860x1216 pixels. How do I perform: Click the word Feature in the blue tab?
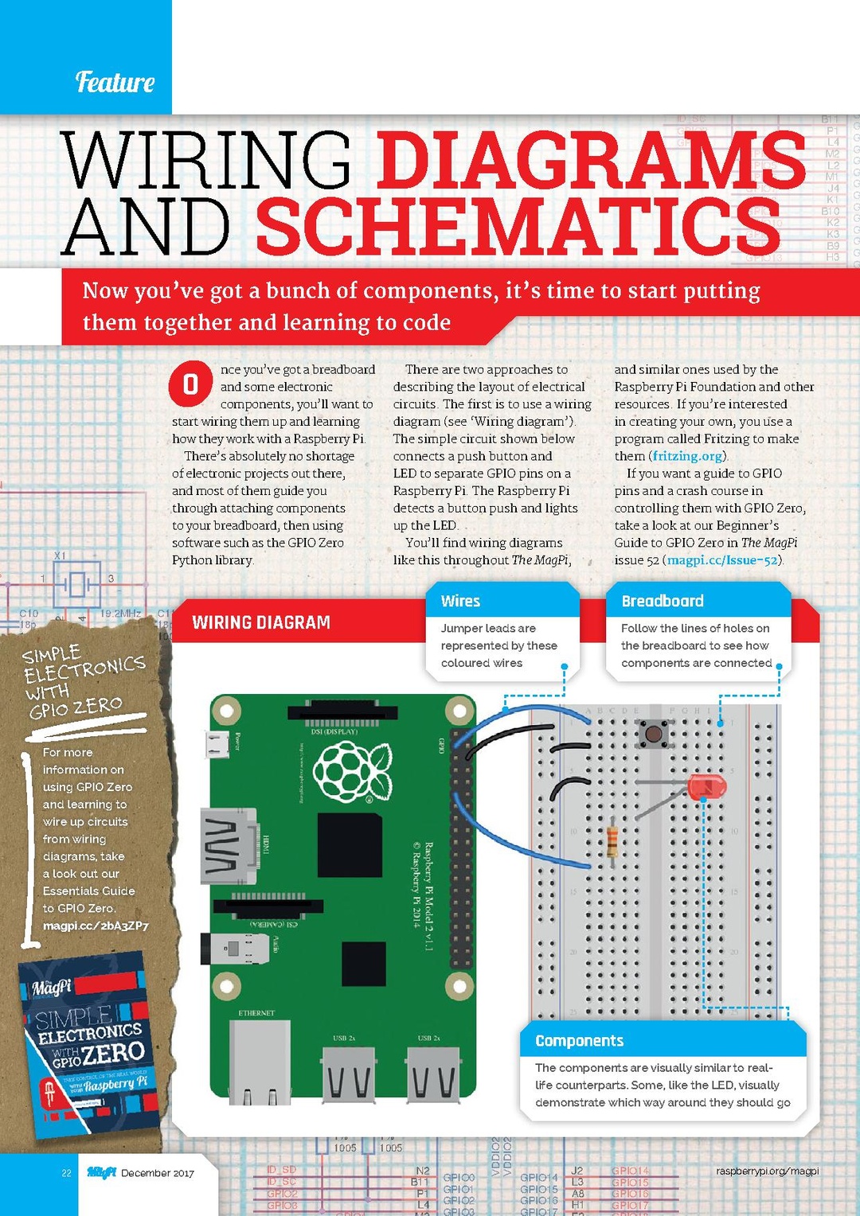tap(115, 82)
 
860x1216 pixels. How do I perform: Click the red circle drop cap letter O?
tap(190, 384)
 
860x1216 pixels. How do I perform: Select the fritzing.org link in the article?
tap(687, 456)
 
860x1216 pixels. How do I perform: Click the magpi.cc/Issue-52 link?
tap(722, 560)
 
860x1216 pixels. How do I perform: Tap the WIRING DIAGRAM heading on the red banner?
tap(261, 622)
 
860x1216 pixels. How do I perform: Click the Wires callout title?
tap(460, 601)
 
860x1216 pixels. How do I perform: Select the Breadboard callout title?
tap(662, 601)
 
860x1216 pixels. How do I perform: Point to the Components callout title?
tap(579, 1041)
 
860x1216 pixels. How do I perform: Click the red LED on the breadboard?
tap(705, 786)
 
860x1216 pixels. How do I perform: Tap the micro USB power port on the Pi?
tap(217, 744)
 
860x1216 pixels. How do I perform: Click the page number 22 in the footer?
tap(67, 1173)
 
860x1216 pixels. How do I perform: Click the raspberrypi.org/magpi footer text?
tap(767, 1171)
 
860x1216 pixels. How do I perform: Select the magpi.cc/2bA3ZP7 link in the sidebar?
tap(96, 926)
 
